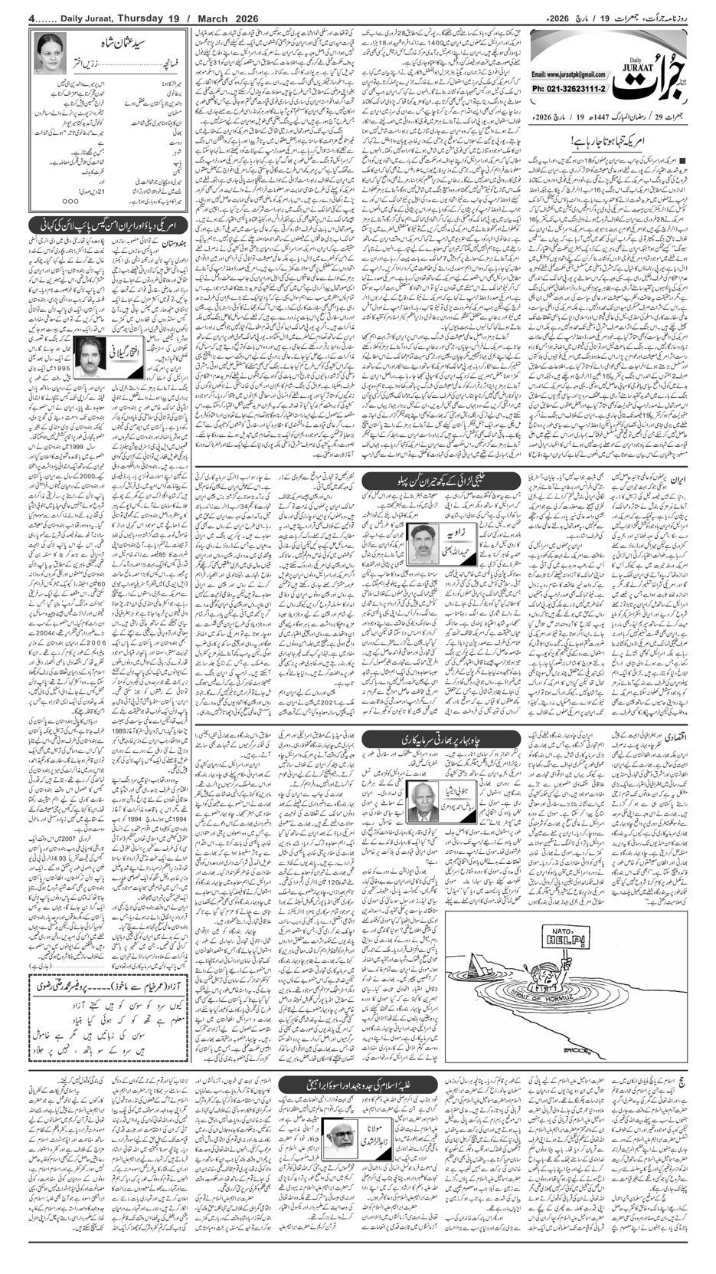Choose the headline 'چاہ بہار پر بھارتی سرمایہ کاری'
tap(418, 741)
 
